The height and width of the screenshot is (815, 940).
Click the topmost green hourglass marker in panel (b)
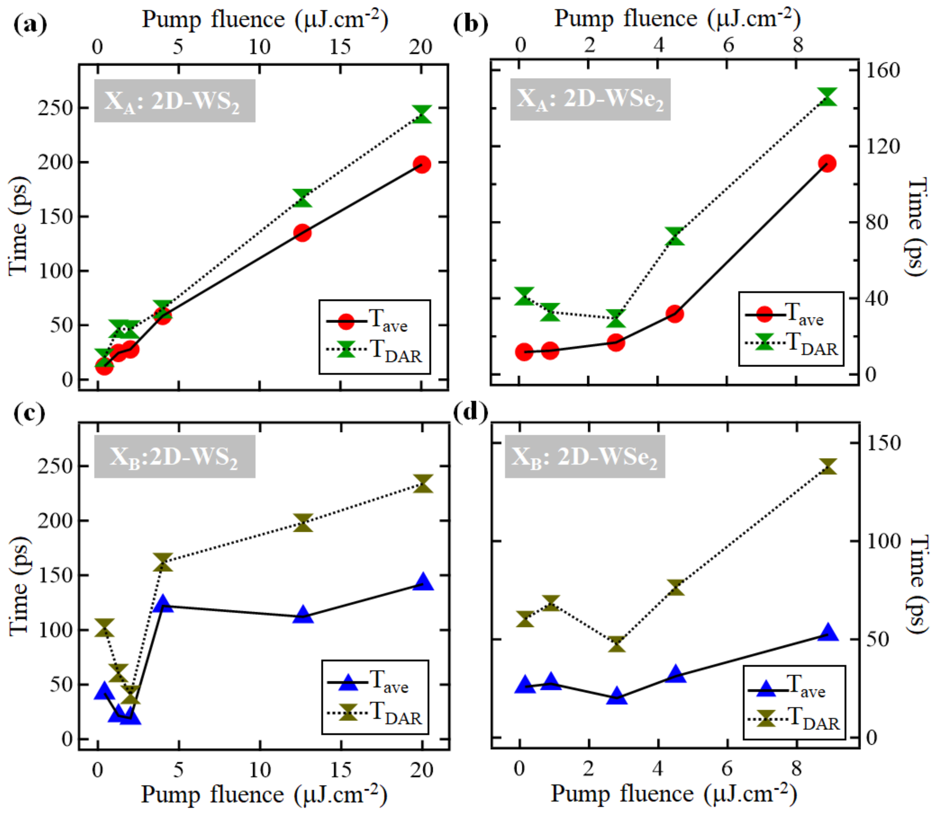[827, 97]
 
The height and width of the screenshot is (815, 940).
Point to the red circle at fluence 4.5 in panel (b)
[675, 314]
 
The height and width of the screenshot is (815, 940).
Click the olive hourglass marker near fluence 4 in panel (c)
[163, 563]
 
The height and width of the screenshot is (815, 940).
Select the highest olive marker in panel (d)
[827, 467]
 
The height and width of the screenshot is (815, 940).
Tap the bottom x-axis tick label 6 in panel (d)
[727, 769]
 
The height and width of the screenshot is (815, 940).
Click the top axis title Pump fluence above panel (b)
[677, 19]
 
